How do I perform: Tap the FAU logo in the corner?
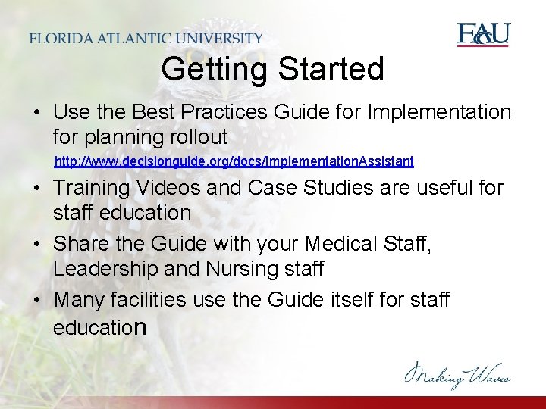483,35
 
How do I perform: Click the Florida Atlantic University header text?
146,38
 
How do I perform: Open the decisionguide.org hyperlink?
234,161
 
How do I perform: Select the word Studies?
347,187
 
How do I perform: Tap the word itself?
338,300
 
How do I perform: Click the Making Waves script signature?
457,374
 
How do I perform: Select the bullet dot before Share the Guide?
37,245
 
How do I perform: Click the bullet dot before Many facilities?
37,301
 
